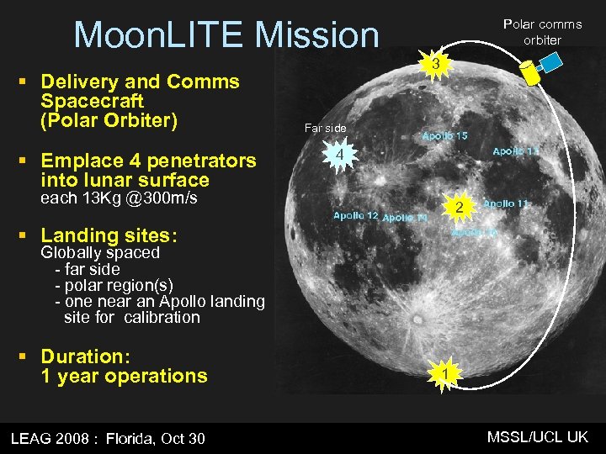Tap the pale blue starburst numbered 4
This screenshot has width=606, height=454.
click(x=338, y=156)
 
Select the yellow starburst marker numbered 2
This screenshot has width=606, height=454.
click(x=459, y=207)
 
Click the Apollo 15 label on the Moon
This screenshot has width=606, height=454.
click(x=444, y=135)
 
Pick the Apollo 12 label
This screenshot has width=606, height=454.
click(x=356, y=215)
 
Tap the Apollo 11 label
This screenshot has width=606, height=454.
click(x=506, y=203)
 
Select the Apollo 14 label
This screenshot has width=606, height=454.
click(x=405, y=218)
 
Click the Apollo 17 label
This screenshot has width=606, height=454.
click(x=515, y=150)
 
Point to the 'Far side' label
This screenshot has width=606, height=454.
click(x=325, y=128)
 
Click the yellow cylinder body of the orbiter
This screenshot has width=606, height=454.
click(x=531, y=72)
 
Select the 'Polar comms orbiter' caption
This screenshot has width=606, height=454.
click(x=542, y=32)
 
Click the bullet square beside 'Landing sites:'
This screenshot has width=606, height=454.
click(x=24, y=235)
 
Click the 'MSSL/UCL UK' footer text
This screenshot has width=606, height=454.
click(x=538, y=436)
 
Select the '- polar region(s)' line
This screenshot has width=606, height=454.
click(x=114, y=285)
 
